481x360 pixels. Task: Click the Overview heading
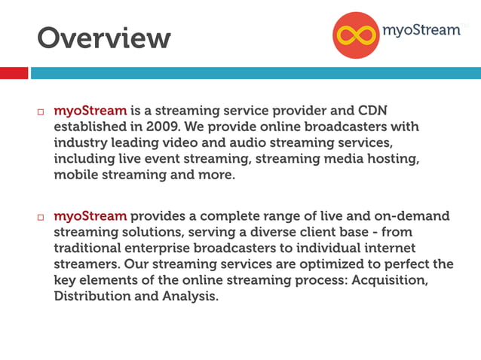pos(104,37)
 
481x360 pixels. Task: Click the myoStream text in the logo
pos(421,30)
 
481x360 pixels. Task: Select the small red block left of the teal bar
pos(14,73)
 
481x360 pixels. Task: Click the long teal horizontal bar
pos(255,73)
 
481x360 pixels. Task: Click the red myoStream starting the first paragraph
pos(90,110)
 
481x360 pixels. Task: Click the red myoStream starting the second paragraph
pos(90,215)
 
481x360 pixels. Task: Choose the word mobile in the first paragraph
pos(74,175)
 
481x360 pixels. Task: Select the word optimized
pos(308,264)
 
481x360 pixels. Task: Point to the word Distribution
pos(90,297)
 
